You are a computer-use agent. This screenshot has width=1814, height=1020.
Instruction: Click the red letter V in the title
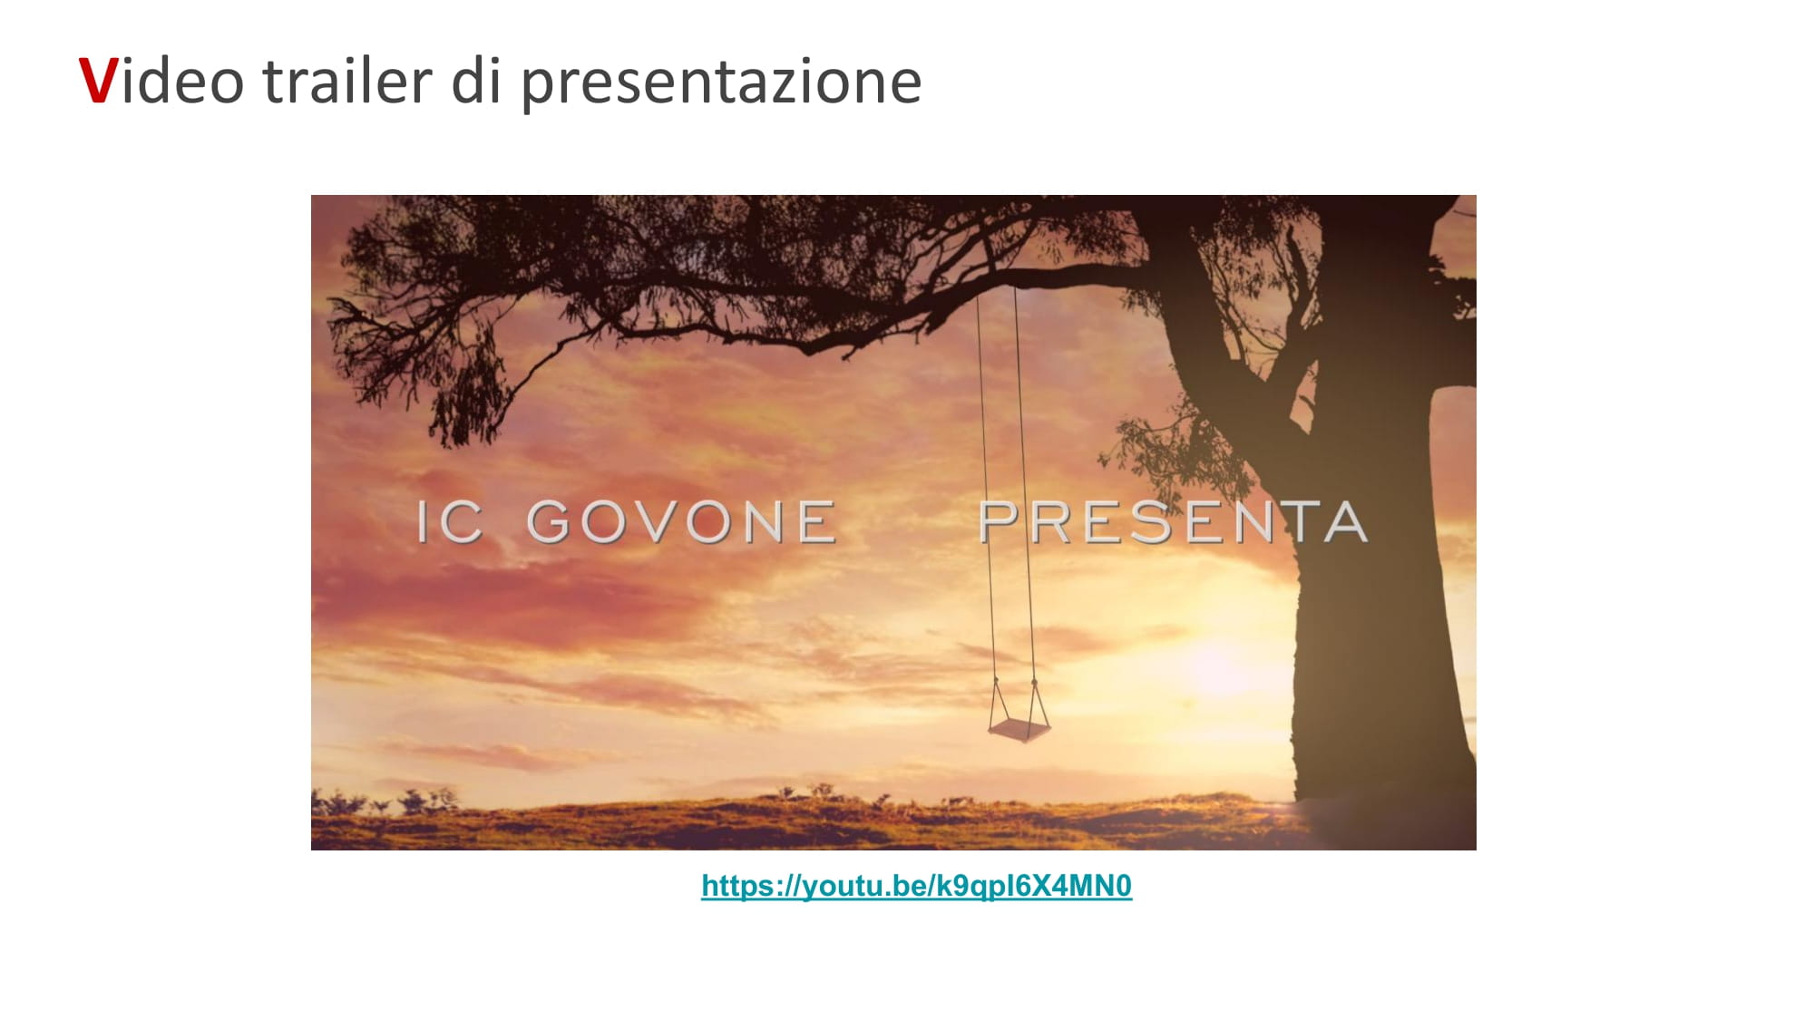98,81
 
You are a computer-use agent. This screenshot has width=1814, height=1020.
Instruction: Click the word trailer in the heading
347,80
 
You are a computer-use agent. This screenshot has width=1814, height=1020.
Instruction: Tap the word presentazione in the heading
721,83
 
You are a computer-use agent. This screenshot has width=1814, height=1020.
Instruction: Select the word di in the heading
476,80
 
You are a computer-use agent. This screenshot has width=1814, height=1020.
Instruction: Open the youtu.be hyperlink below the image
916,886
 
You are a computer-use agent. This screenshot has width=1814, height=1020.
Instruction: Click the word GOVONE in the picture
681,522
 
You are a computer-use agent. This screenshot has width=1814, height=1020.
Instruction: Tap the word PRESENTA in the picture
1173,522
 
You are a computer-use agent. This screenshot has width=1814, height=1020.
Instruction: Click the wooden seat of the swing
1019,730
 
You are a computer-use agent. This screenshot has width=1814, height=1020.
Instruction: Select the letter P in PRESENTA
999,522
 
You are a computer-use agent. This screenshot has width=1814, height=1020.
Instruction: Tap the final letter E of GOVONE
817,522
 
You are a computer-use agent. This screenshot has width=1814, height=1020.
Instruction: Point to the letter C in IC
463,522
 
